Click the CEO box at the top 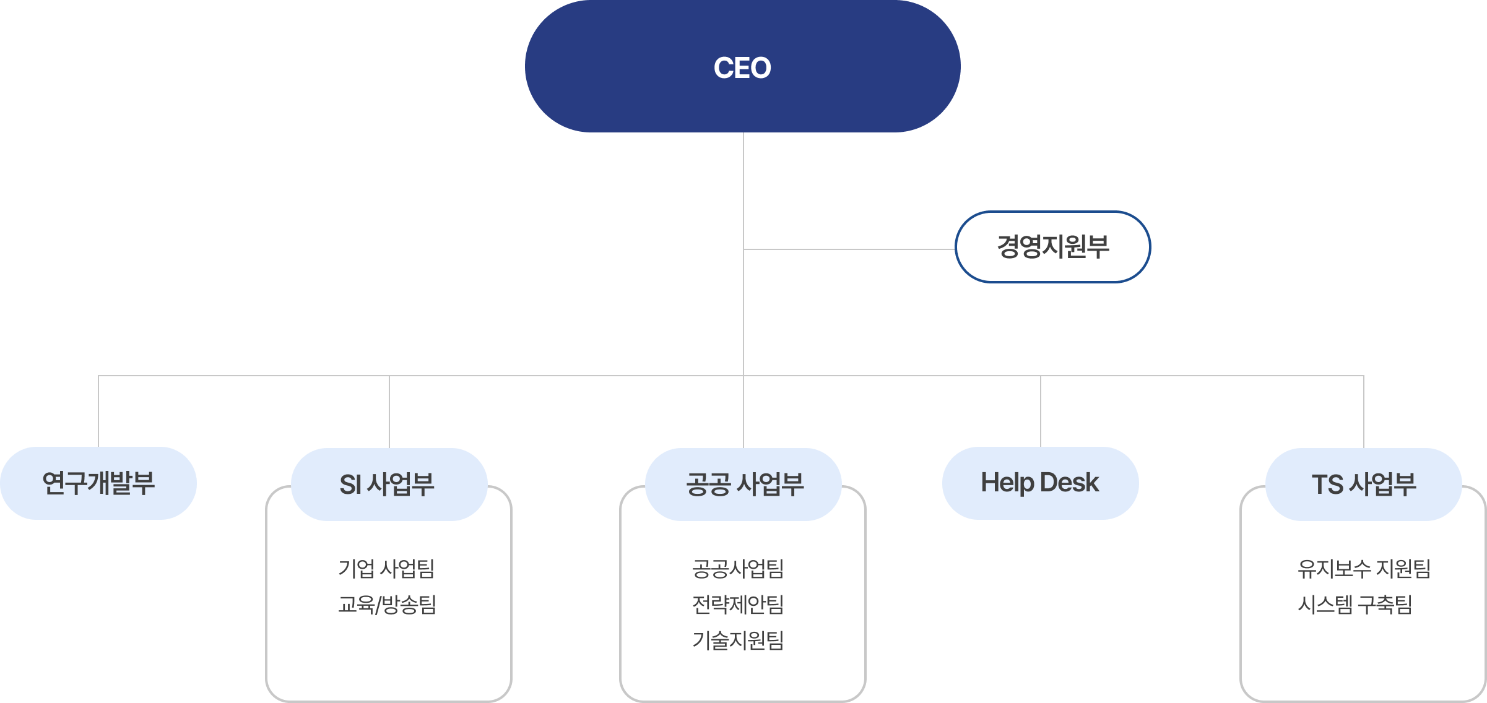pyautogui.click(x=742, y=67)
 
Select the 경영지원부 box pyautogui.click(x=1052, y=247)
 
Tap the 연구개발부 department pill pyautogui.click(x=98, y=483)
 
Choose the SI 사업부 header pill pyautogui.click(x=389, y=484)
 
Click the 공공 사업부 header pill pyautogui.click(x=743, y=484)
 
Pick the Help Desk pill pyautogui.click(x=1040, y=483)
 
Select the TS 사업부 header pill pyautogui.click(x=1363, y=484)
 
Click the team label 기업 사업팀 pyautogui.click(x=386, y=568)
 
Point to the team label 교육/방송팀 pyautogui.click(x=388, y=604)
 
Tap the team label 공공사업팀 pyautogui.click(x=738, y=568)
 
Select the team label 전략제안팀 pyautogui.click(x=738, y=604)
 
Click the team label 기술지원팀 pyautogui.click(x=738, y=640)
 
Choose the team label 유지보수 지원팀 pyautogui.click(x=1364, y=568)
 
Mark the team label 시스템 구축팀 pyautogui.click(x=1355, y=604)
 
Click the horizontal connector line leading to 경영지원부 pyautogui.click(x=848, y=249)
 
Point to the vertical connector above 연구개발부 pyautogui.click(x=98, y=411)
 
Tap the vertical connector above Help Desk pyautogui.click(x=1041, y=411)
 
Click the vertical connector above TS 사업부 pyautogui.click(x=1364, y=411)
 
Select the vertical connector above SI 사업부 pyautogui.click(x=389, y=411)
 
